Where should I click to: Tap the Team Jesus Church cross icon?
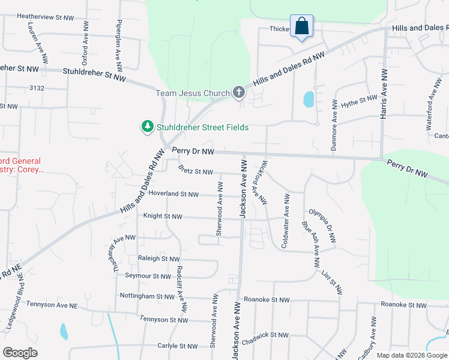(239, 92)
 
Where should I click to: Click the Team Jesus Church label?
(193, 93)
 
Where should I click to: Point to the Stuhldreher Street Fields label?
(202, 127)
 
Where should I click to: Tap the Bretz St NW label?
(196, 172)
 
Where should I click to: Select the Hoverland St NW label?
(173, 194)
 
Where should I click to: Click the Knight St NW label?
(163, 216)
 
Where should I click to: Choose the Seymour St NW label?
(148, 276)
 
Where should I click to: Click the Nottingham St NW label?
(147, 296)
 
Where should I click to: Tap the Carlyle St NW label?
(177, 346)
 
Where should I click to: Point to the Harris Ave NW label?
(383, 93)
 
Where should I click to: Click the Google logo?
(20, 352)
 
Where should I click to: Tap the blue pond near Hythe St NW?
(309, 99)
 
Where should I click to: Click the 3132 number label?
(36, 88)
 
